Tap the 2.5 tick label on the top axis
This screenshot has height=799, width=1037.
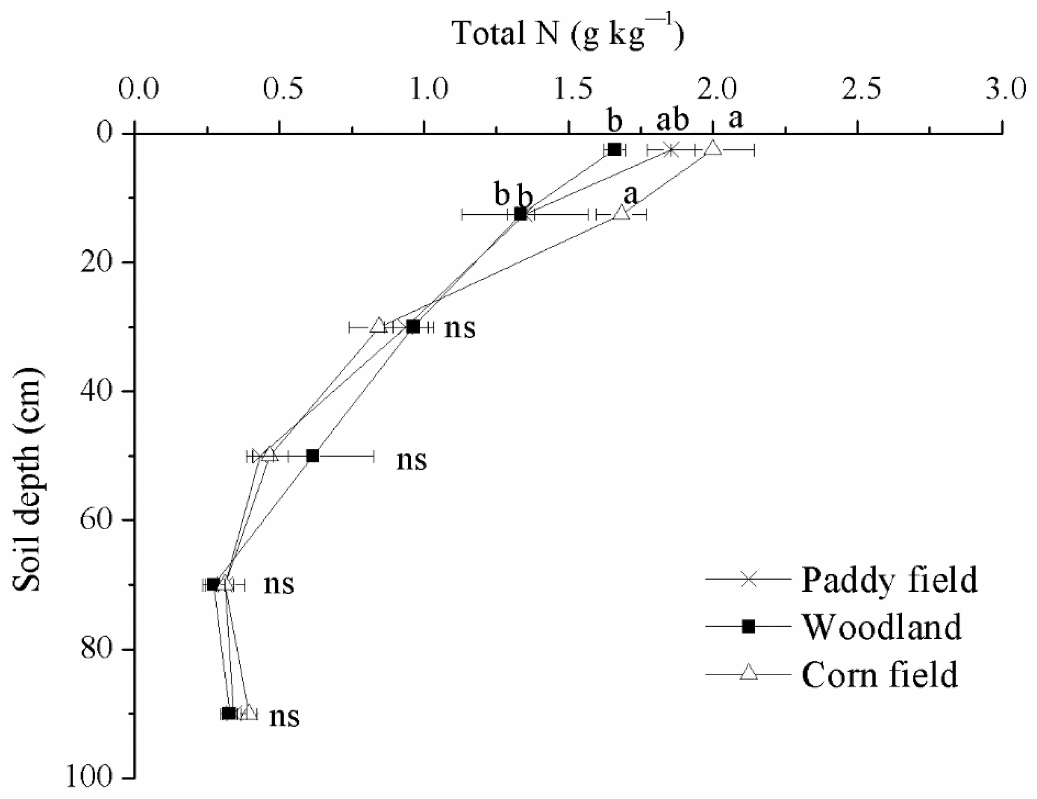click(x=861, y=89)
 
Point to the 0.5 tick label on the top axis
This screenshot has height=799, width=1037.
click(x=284, y=89)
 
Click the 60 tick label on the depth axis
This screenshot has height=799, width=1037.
click(x=96, y=520)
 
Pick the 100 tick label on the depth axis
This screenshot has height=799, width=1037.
click(x=89, y=778)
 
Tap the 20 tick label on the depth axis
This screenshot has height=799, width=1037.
click(x=96, y=262)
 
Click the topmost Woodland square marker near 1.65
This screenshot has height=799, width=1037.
click(x=614, y=149)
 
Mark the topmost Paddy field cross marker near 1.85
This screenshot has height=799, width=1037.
click(x=671, y=149)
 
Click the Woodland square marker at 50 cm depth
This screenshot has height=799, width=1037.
click(x=312, y=456)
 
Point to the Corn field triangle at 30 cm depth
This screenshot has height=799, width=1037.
click(x=378, y=326)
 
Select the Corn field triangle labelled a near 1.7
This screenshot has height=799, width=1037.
click(x=621, y=213)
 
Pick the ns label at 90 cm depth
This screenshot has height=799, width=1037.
click(x=284, y=716)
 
